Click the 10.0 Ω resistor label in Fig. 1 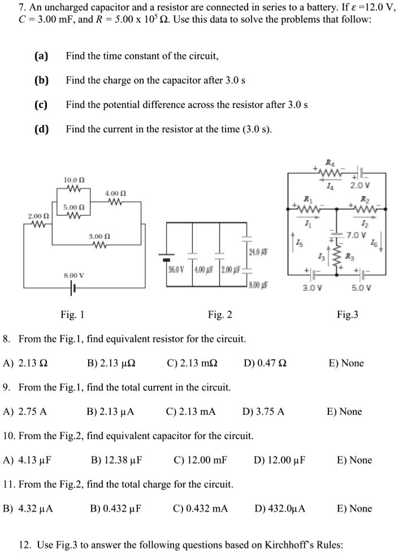pyautogui.click(x=75, y=179)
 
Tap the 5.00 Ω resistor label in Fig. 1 pyautogui.click(x=75, y=207)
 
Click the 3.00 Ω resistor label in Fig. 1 pyautogui.click(x=99, y=235)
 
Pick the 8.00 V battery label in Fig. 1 pyautogui.click(x=73, y=275)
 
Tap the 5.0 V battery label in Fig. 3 pyautogui.click(x=361, y=287)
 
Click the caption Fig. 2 pyautogui.click(x=219, y=315)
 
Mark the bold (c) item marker pyautogui.click(x=41, y=105)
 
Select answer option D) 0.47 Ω pyautogui.click(x=265, y=363)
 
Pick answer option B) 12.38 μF pyautogui.click(x=116, y=460)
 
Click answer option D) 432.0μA pyautogui.click(x=280, y=509)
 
